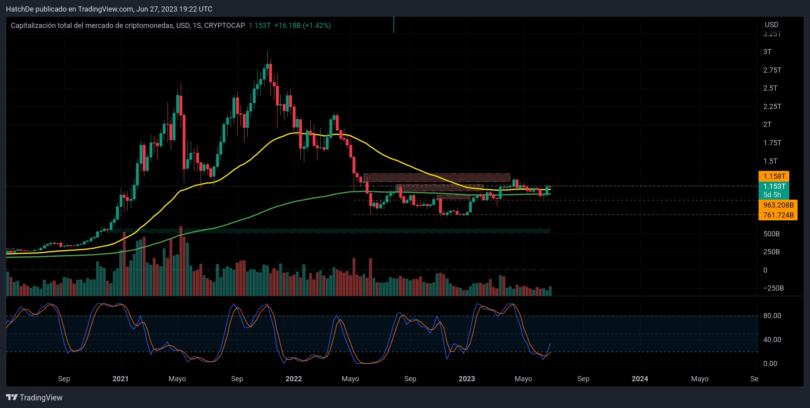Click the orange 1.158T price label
pos(774,176)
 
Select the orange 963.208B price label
pos(778,205)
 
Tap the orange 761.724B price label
pos(778,215)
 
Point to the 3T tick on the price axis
pos(767,52)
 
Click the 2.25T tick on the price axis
pos(772,107)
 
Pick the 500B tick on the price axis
pos(771,234)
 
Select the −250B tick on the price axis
pos(773,288)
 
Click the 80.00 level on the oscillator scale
pos(772,316)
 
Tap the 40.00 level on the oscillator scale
pos(772,340)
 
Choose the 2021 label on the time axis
pos(120,379)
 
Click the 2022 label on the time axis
pos(294,379)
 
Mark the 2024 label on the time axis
pos(640,379)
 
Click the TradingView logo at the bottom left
pos(34,398)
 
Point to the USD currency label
pos(771,25)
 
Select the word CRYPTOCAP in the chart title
pos(225,26)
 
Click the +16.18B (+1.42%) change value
pos(302,26)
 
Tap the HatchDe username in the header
pos(20,9)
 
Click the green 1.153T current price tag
pos(774,186)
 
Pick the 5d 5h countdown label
pos(772,195)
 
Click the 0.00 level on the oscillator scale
pos(770,364)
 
